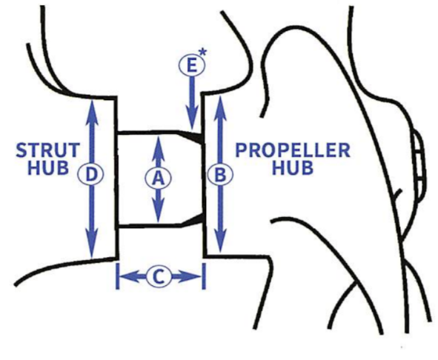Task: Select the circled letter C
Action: [159, 277]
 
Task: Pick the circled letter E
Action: [192, 66]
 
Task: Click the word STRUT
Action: [47, 150]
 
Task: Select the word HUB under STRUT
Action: [48, 168]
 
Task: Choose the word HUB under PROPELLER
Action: [293, 168]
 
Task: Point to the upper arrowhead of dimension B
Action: [220, 107]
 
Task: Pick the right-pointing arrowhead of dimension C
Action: [190, 276]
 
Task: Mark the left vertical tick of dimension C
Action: [118, 276]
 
